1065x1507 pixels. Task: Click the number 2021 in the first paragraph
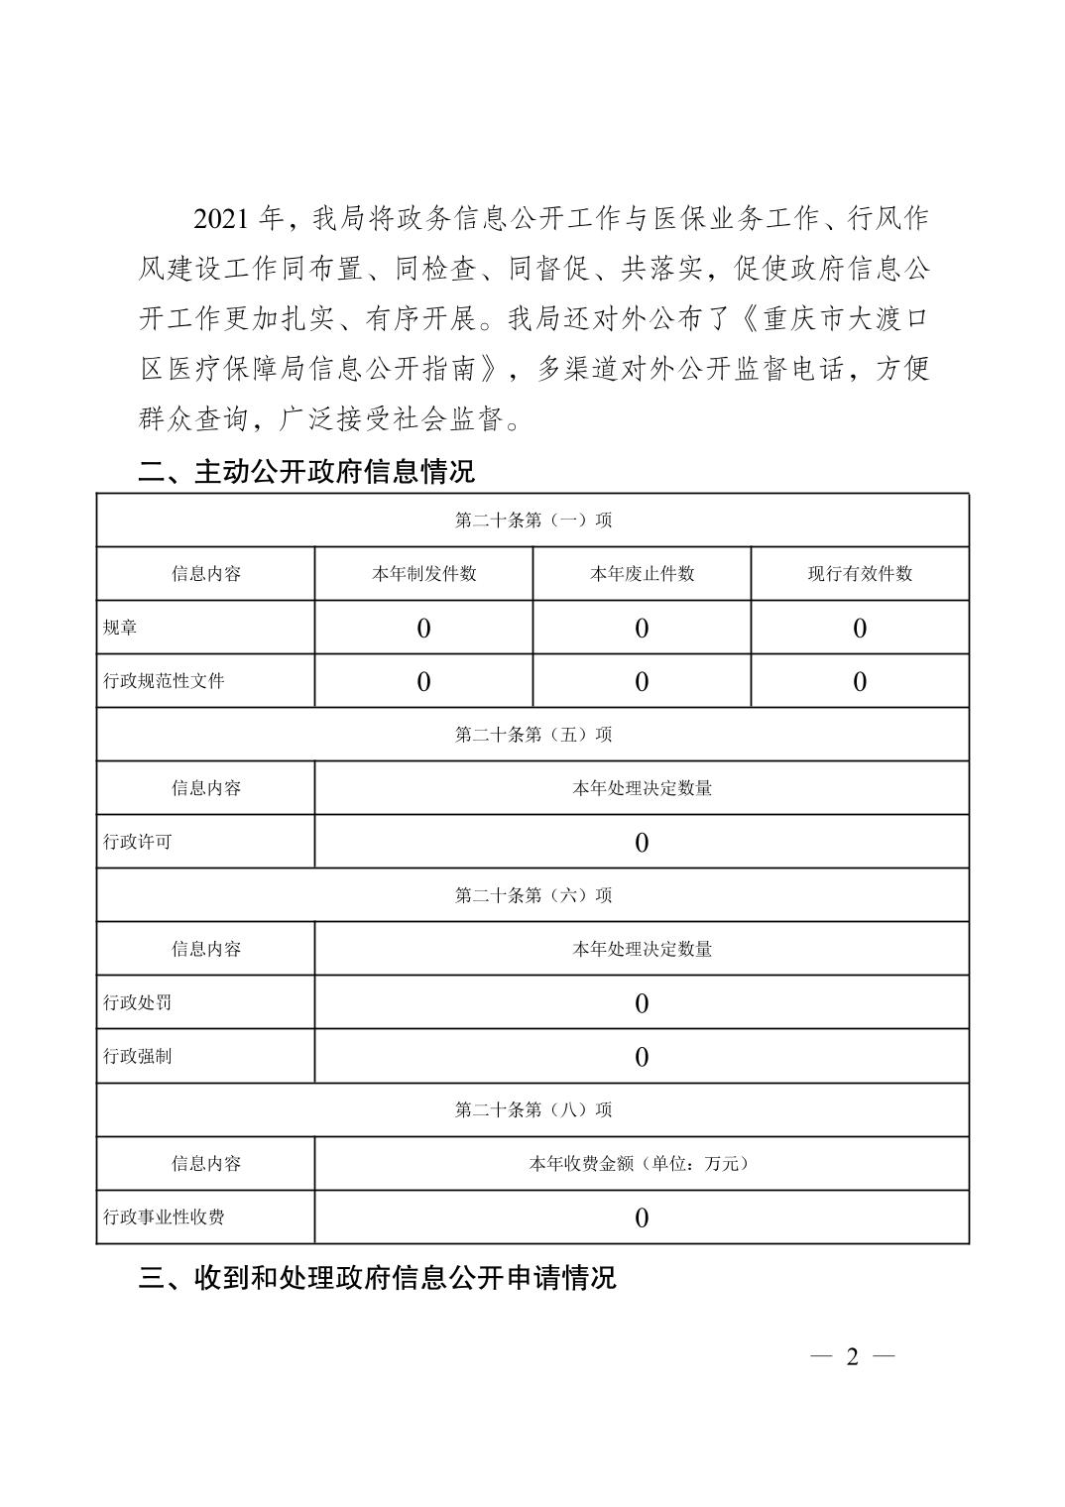(x=220, y=219)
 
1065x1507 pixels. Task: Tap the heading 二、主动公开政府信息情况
(x=306, y=471)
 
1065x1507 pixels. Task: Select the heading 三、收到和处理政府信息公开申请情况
(x=377, y=1277)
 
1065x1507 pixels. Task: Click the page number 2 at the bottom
(x=852, y=1357)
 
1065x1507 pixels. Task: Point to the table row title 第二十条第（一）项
(x=532, y=521)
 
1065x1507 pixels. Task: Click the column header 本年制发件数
(x=423, y=574)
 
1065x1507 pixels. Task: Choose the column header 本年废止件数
(x=642, y=574)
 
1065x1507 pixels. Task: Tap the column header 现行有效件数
(x=860, y=574)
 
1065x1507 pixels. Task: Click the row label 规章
(x=121, y=628)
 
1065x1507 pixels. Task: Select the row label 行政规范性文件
(x=164, y=681)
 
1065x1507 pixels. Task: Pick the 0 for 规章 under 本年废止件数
(x=642, y=629)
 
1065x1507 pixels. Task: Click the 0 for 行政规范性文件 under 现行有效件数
(x=860, y=682)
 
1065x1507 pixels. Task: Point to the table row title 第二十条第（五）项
(x=532, y=735)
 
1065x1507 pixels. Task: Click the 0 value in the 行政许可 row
(x=642, y=843)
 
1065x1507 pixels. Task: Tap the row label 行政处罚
(x=138, y=1002)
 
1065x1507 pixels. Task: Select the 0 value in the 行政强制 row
(x=642, y=1057)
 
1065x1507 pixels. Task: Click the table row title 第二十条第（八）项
(x=532, y=1109)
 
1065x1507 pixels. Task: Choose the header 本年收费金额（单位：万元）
(x=642, y=1163)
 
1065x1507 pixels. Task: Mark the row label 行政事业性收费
(x=164, y=1217)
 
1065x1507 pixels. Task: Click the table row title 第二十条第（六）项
(x=532, y=895)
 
